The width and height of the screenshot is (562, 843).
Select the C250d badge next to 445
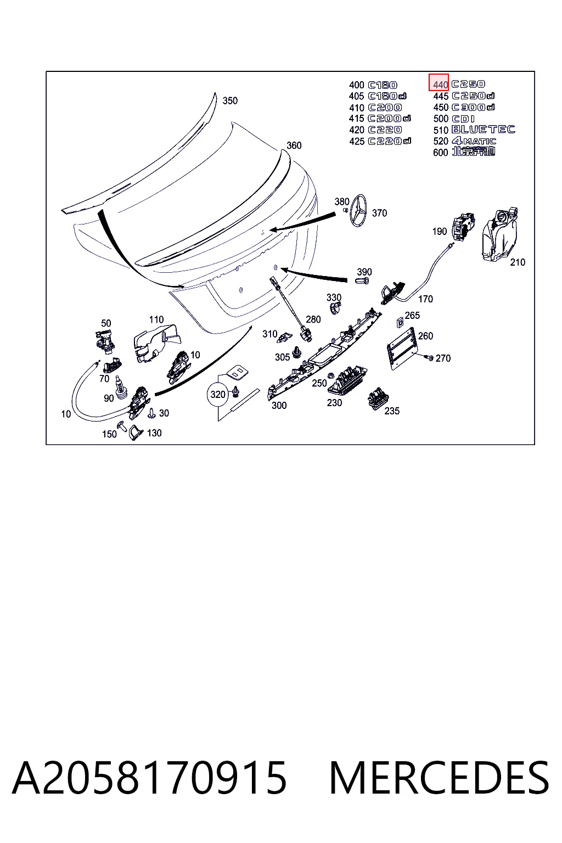click(473, 96)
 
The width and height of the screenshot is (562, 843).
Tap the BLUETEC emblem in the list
click(483, 130)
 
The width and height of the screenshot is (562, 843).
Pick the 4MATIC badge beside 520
click(474, 141)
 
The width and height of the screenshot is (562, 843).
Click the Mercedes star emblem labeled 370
click(358, 210)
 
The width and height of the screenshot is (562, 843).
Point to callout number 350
click(230, 100)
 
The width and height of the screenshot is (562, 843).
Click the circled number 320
click(217, 395)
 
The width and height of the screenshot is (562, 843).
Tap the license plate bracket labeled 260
click(401, 349)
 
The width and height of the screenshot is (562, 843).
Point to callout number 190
click(439, 232)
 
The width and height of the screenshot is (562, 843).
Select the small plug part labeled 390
click(362, 280)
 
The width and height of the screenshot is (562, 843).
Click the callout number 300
click(279, 406)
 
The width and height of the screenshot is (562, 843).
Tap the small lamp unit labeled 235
click(378, 398)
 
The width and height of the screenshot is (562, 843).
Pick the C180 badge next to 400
click(383, 85)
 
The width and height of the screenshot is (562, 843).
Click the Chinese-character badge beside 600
click(474, 151)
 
